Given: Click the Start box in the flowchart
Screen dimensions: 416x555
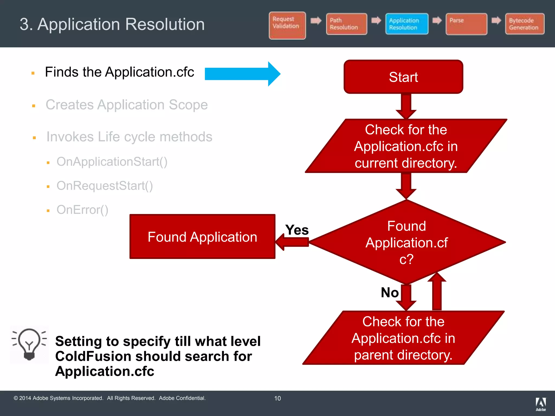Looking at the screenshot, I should [x=403, y=77].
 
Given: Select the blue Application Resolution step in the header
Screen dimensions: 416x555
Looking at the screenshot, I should [x=406, y=24].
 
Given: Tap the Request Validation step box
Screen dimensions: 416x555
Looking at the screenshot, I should [x=287, y=25].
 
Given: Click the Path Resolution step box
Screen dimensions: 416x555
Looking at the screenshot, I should [x=346, y=24].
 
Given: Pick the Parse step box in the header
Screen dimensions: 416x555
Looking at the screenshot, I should [x=466, y=24].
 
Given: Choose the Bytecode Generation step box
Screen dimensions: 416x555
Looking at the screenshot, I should [x=524, y=24].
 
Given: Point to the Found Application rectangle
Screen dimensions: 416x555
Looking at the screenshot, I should [x=202, y=237].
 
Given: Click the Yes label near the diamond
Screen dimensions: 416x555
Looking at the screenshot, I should [x=297, y=230].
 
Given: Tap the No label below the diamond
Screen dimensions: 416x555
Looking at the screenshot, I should [x=389, y=292].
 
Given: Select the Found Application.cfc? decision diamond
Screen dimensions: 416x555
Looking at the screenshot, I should [x=406, y=242].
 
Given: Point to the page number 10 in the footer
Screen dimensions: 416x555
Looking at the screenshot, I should [x=277, y=398].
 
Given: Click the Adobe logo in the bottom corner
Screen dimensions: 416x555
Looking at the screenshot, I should [x=541, y=404].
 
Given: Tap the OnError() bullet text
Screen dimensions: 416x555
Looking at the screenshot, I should [x=82, y=210].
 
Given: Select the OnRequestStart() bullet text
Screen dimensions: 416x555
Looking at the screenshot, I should [x=105, y=186].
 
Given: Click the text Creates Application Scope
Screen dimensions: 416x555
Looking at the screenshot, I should [x=127, y=105].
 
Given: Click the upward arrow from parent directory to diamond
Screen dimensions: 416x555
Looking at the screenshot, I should [x=437, y=292].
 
